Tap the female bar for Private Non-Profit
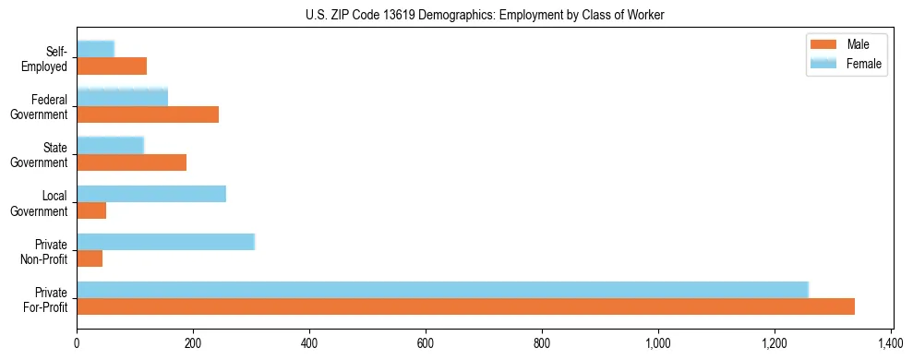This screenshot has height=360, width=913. click(x=165, y=242)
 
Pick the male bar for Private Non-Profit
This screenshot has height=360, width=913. click(x=90, y=258)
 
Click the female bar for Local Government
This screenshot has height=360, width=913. click(x=151, y=194)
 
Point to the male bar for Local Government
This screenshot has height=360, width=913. click(x=91, y=210)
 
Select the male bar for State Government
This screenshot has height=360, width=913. click(x=131, y=162)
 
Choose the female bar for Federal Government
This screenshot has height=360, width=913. click(x=122, y=98)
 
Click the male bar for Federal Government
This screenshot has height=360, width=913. click(x=148, y=114)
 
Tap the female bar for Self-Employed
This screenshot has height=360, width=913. click(x=95, y=50)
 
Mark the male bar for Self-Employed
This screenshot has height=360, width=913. click(x=112, y=66)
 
